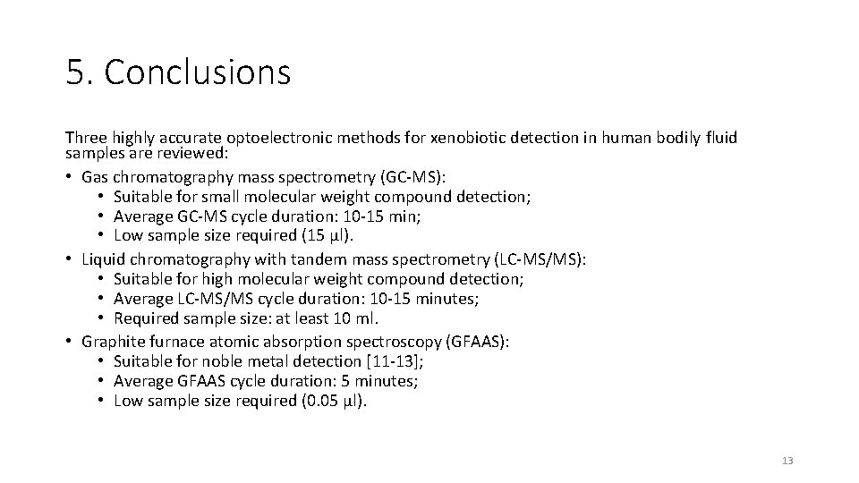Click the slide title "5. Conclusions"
coord(178,72)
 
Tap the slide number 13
coord(787,461)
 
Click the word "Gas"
coord(95,177)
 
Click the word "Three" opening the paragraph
coord(85,138)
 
